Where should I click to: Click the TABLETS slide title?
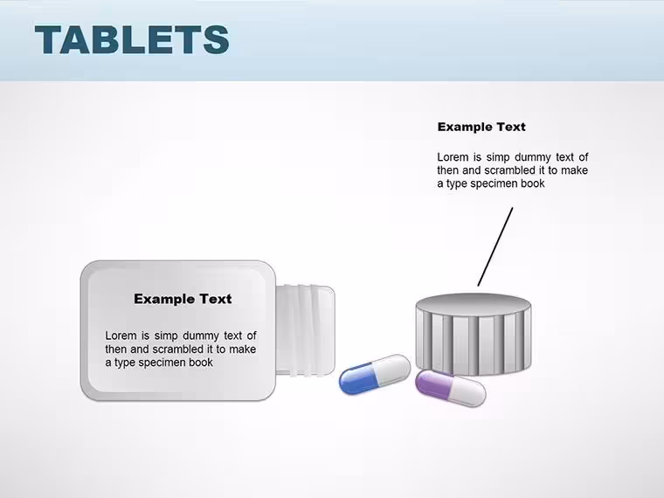click(x=132, y=39)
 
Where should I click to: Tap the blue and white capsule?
click(x=375, y=374)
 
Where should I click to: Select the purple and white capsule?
click(x=450, y=388)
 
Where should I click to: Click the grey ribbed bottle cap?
click(x=474, y=334)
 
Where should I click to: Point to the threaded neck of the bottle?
click(x=305, y=331)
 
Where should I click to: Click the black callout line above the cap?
click(x=495, y=246)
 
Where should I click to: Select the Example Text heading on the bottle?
click(x=183, y=299)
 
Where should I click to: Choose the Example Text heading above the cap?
click(x=481, y=127)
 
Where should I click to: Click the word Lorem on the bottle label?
click(x=121, y=335)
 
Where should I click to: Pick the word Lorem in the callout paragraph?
click(x=453, y=157)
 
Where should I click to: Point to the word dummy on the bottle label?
click(x=201, y=336)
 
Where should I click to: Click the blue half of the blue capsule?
click(x=358, y=379)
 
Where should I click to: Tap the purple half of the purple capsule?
click(x=432, y=383)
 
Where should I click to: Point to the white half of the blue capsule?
click(x=394, y=370)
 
